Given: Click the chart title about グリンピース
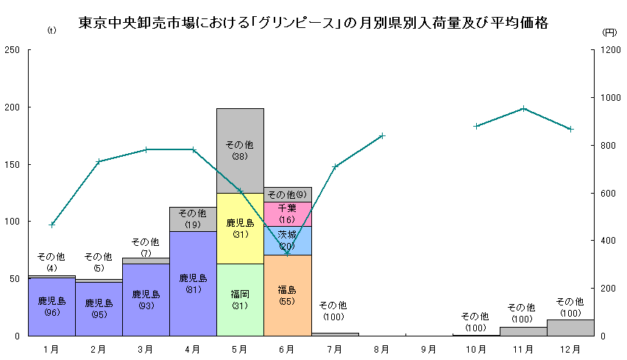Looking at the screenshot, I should coord(313,23).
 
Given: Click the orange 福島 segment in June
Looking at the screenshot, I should coord(287,295).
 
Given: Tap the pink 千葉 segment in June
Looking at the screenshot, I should coord(287,213).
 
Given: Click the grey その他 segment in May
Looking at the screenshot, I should coord(240,150).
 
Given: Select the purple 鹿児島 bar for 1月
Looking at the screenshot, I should coord(52,306).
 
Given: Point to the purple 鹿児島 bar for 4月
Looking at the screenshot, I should coord(193,283).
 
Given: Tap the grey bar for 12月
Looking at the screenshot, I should coord(570,328).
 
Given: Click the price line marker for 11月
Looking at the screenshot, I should coord(523,108).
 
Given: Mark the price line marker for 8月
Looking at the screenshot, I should coord(382,135).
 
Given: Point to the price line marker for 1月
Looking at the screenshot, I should coord(52,225).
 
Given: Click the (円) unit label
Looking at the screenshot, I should coord(609,32).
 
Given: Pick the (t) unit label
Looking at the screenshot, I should coord(51,30).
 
